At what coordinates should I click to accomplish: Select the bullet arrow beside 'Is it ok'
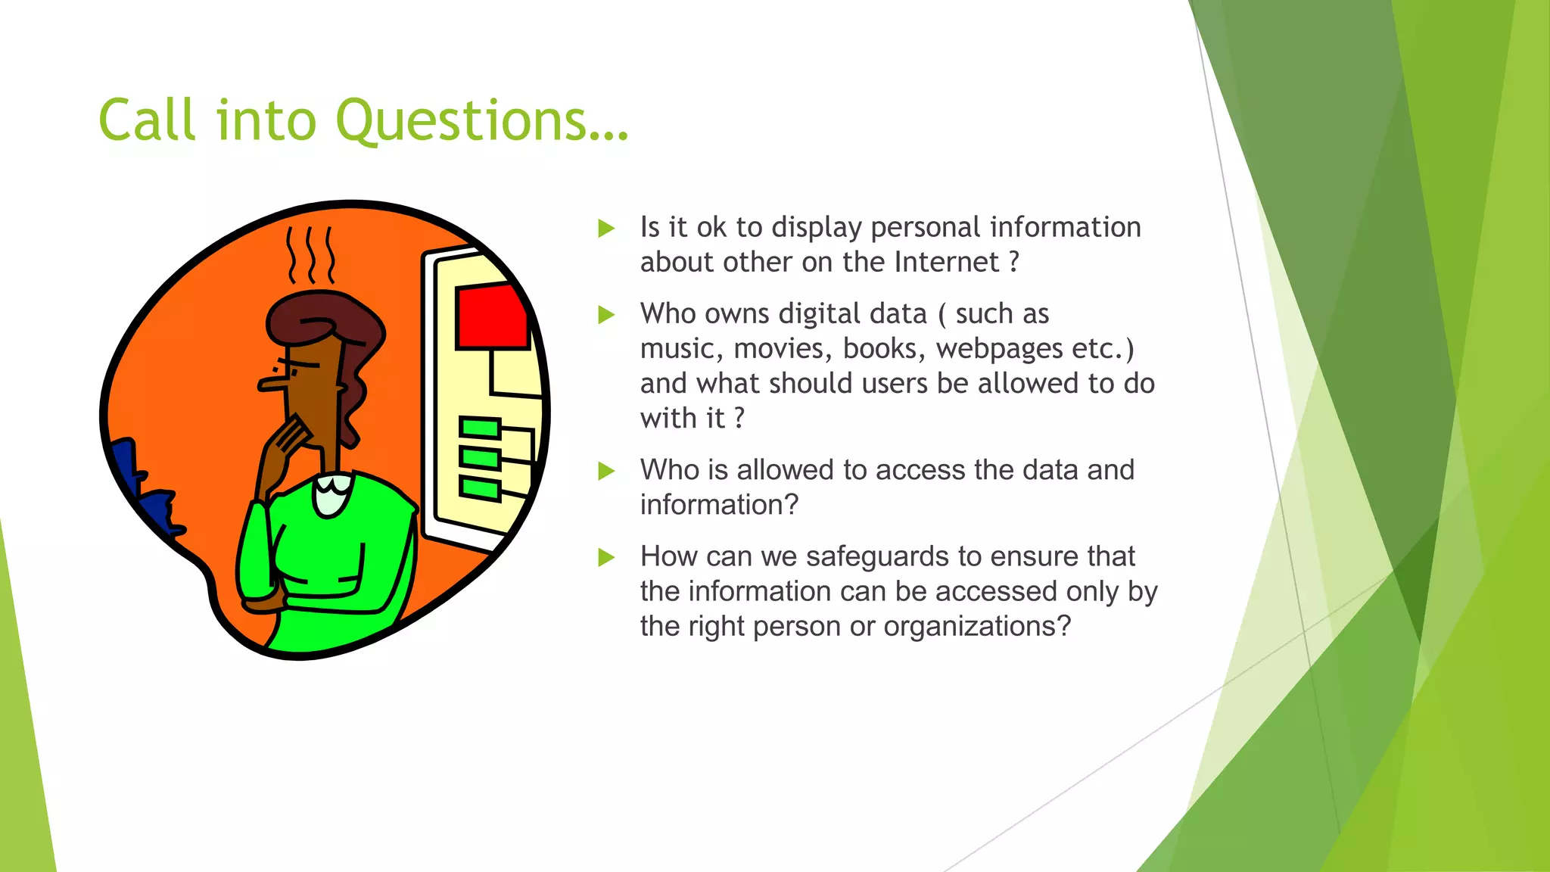606,228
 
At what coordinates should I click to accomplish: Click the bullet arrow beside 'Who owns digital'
606,314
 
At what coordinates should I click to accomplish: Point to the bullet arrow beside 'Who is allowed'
606,471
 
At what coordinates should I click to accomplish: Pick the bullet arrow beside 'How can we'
606,557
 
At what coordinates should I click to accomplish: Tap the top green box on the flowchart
480,428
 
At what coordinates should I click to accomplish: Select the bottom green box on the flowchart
480,488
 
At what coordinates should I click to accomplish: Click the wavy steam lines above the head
310,254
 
